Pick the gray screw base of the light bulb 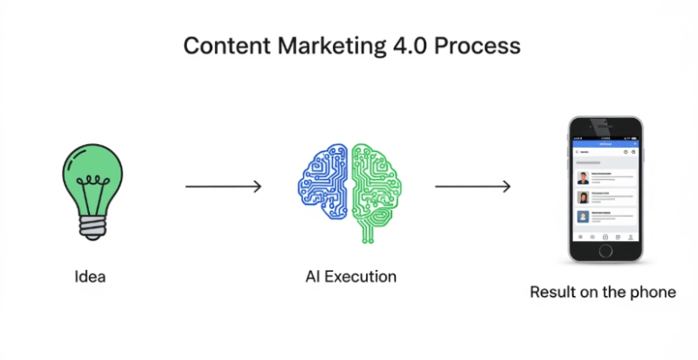pos(91,225)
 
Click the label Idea pos(90,276)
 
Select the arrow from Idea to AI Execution pos(223,187)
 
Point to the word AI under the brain pos(313,276)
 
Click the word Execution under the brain pos(361,276)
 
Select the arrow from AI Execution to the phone pos(473,187)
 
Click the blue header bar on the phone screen pos(605,142)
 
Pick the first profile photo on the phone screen pos(583,176)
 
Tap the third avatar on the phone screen pos(583,217)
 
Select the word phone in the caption pos(654,292)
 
